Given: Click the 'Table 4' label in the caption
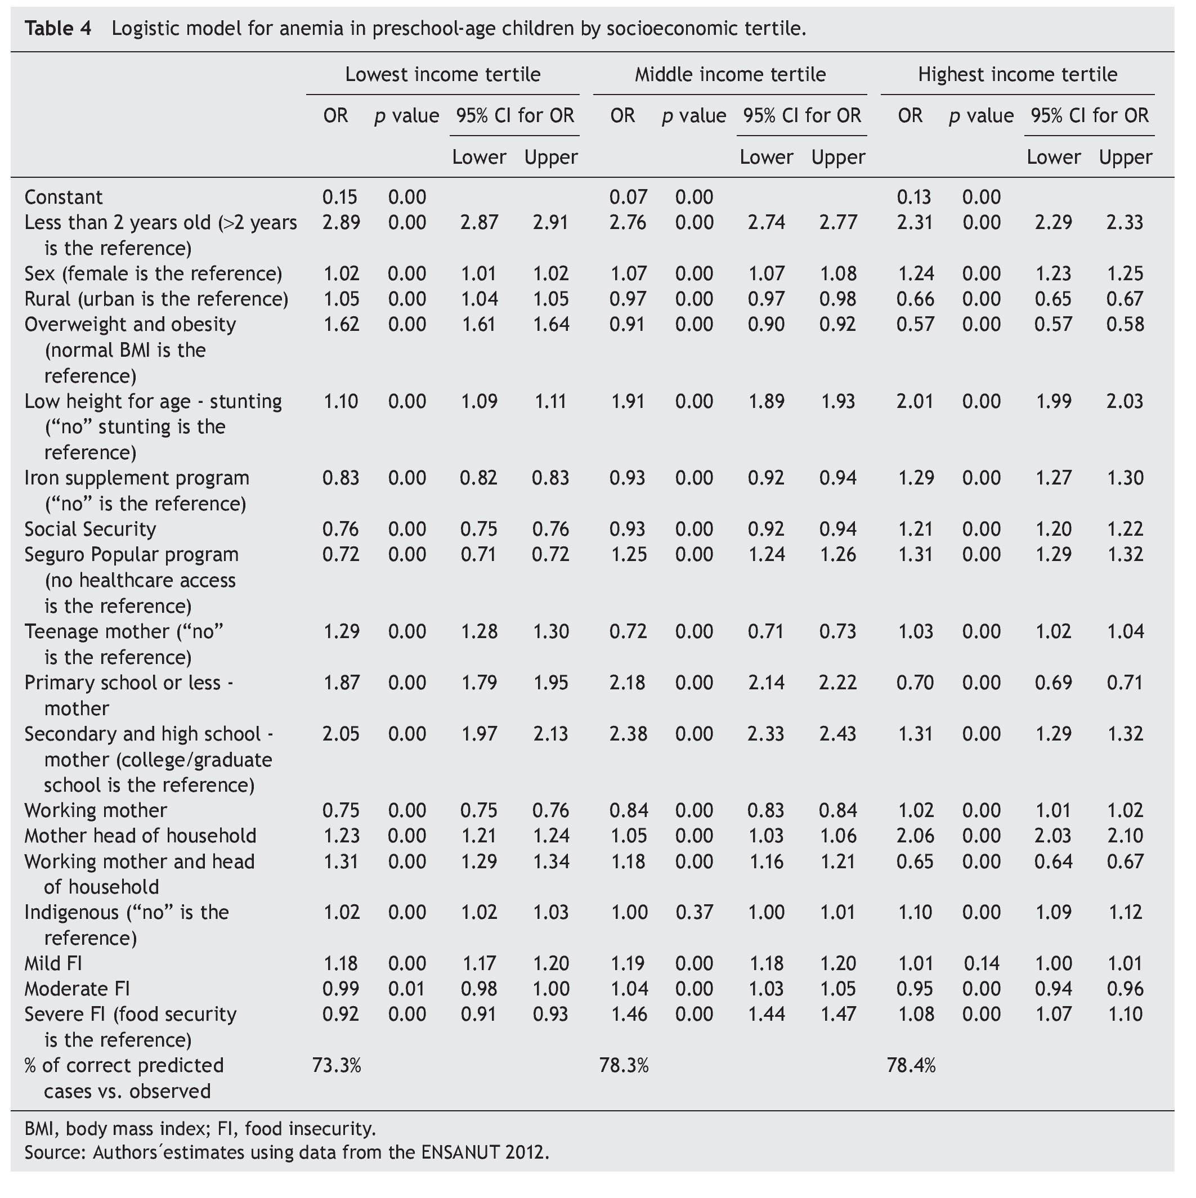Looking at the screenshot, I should click(x=58, y=29).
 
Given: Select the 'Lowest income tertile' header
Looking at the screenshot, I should click(x=442, y=75).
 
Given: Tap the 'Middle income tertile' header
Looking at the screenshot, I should click(x=729, y=75).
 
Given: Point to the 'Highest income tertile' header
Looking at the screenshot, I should click(x=1018, y=75).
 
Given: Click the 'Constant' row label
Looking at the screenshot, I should click(x=63, y=197).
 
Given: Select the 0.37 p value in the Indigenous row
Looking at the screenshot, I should click(x=694, y=912).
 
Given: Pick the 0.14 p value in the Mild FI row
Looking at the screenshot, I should click(x=982, y=963).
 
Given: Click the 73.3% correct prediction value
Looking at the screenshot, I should click(x=336, y=1065).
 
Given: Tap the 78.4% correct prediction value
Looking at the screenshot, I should click(x=911, y=1065).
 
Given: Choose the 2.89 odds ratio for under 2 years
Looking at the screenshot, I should click(x=341, y=223).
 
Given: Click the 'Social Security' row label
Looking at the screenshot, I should click(x=90, y=529).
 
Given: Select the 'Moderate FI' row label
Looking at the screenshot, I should click(x=77, y=989).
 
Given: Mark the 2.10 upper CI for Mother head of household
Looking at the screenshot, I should click(x=1125, y=836).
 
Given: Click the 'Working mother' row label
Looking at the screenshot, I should click(x=96, y=810).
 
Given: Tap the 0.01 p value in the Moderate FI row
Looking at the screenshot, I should click(x=407, y=989).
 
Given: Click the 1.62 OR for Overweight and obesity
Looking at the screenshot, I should click(x=341, y=324).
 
